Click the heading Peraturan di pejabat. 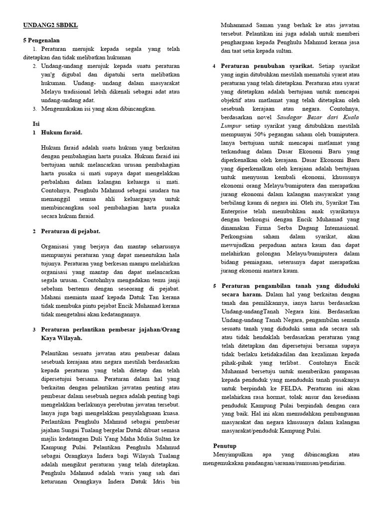coord(70,232)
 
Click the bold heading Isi coord(35,123)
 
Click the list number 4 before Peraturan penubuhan coord(214,66)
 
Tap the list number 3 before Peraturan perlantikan coord(34,330)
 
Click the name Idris coord(156,482)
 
